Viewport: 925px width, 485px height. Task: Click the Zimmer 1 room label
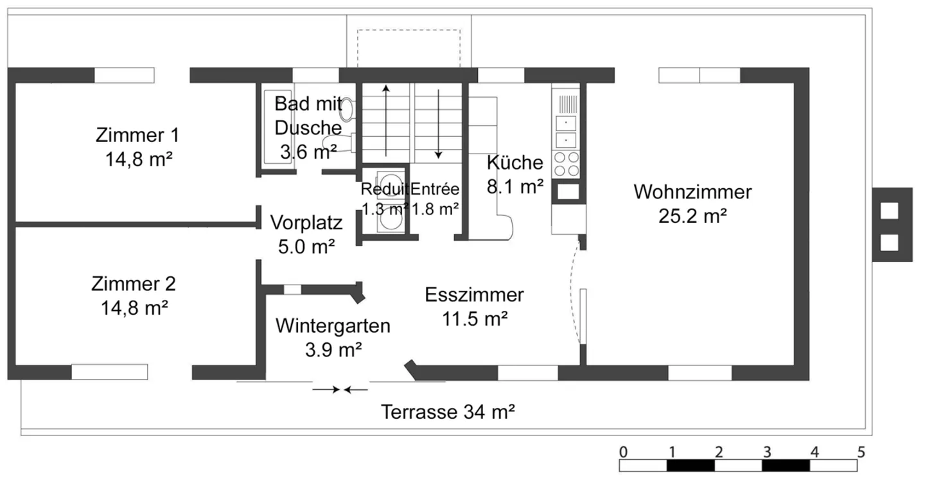click(137, 136)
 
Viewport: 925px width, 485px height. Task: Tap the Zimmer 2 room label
click(134, 283)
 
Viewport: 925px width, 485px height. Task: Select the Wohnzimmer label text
click(692, 191)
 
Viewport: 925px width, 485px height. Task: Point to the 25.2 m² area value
click(692, 216)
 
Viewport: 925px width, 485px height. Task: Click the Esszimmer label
click(474, 295)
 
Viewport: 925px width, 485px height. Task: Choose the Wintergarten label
click(333, 326)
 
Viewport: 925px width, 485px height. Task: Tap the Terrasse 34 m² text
click(448, 411)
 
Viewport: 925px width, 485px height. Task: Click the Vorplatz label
click(306, 222)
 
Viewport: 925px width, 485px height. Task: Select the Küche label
click(515, 162)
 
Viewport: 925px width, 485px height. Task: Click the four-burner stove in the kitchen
click(566, 163)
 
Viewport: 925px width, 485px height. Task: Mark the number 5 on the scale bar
click(861, 450)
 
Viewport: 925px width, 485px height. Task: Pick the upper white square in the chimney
click(889, 211)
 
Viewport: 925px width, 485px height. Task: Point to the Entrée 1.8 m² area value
click(435, 208)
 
